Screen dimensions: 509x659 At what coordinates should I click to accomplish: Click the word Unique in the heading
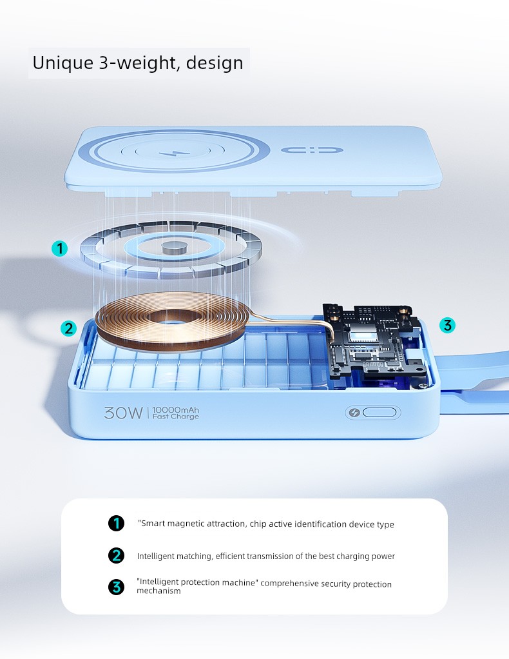click(x=63, y=63)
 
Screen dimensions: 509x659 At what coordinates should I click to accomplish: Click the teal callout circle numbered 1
click(x=60, y=248)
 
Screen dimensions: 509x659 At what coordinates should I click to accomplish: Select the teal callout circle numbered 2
click(x=68, y=328)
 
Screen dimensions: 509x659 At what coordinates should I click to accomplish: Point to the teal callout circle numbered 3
click(x=447, y=325)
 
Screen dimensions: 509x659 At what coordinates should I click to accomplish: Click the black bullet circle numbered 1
click(x=117, y=523)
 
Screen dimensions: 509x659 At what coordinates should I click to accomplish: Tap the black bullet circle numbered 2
click(x=117, y=555)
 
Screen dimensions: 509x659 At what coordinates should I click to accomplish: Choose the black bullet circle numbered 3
click(x=117, y=587)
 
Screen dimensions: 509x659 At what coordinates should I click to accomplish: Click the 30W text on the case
click(x=124, y=413)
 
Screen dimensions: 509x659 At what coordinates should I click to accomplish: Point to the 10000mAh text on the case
click(x=175, y=409)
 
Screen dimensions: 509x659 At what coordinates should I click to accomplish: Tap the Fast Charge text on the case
click(x=175, y=417)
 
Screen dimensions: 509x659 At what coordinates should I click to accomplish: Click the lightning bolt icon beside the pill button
click(x=354, y=412)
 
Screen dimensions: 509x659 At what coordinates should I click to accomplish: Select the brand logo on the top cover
click(x=312, y=150)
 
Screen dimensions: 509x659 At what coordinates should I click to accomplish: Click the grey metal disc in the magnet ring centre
click(x=173, y=248)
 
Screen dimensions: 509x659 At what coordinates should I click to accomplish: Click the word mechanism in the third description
click(x=158, y=591)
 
